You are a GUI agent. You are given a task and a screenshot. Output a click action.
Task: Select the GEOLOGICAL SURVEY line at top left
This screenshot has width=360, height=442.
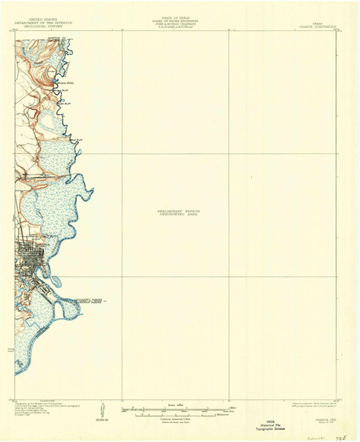tap(45, 27)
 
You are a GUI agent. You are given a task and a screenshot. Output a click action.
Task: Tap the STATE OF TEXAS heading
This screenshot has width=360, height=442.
tap(176, 20)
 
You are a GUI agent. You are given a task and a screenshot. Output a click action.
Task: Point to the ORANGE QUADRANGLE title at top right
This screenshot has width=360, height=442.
tap(312, 27)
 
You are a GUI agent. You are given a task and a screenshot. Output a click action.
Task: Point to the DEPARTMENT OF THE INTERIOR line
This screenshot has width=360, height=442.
tap(45, 24)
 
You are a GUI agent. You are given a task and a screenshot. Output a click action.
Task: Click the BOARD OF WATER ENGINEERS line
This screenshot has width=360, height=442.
tap(176, 24)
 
